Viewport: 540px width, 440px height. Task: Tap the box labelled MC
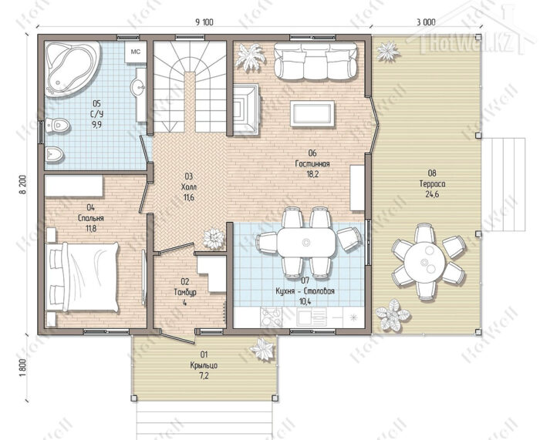[136, 52]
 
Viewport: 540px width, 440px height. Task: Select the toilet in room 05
[58, 126]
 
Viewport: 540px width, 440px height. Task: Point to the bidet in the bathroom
[54, 154]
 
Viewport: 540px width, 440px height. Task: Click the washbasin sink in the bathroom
[138, 87]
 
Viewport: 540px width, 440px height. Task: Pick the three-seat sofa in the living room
[316, 61]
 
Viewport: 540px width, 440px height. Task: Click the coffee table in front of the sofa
[312, 113]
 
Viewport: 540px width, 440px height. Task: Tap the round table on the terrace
[424, 261]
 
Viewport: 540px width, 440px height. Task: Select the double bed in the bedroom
[83, 277]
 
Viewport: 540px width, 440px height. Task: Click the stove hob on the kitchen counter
[272, 317]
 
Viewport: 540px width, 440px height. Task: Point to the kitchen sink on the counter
[312, 317]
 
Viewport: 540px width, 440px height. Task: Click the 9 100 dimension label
[204, 22]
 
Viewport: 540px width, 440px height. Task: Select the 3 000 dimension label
[426, 22]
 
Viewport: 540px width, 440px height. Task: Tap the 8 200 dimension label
[23, 187]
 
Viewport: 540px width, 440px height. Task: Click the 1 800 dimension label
[23, 368]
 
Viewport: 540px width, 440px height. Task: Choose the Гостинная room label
[312, 164]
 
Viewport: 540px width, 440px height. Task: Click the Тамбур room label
[185, 292]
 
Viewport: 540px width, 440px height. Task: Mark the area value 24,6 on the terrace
[432, 194]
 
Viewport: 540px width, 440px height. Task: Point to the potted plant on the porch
[263, 349]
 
